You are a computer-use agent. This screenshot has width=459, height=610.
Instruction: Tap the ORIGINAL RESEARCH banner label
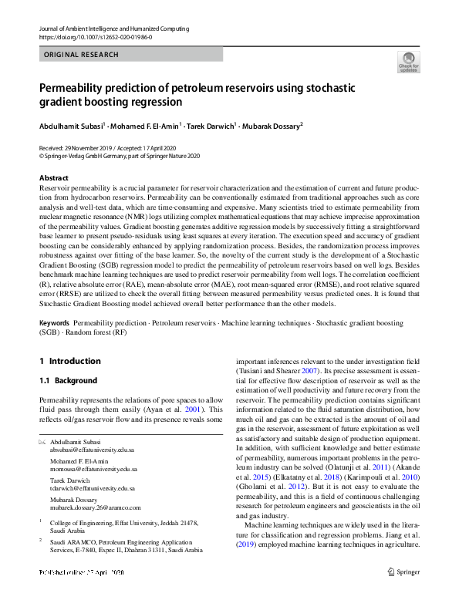82,55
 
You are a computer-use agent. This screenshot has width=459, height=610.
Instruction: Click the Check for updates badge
408,62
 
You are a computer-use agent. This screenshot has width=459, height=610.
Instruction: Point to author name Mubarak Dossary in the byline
272,125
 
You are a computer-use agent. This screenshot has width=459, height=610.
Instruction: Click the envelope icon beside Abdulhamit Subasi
42,441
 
